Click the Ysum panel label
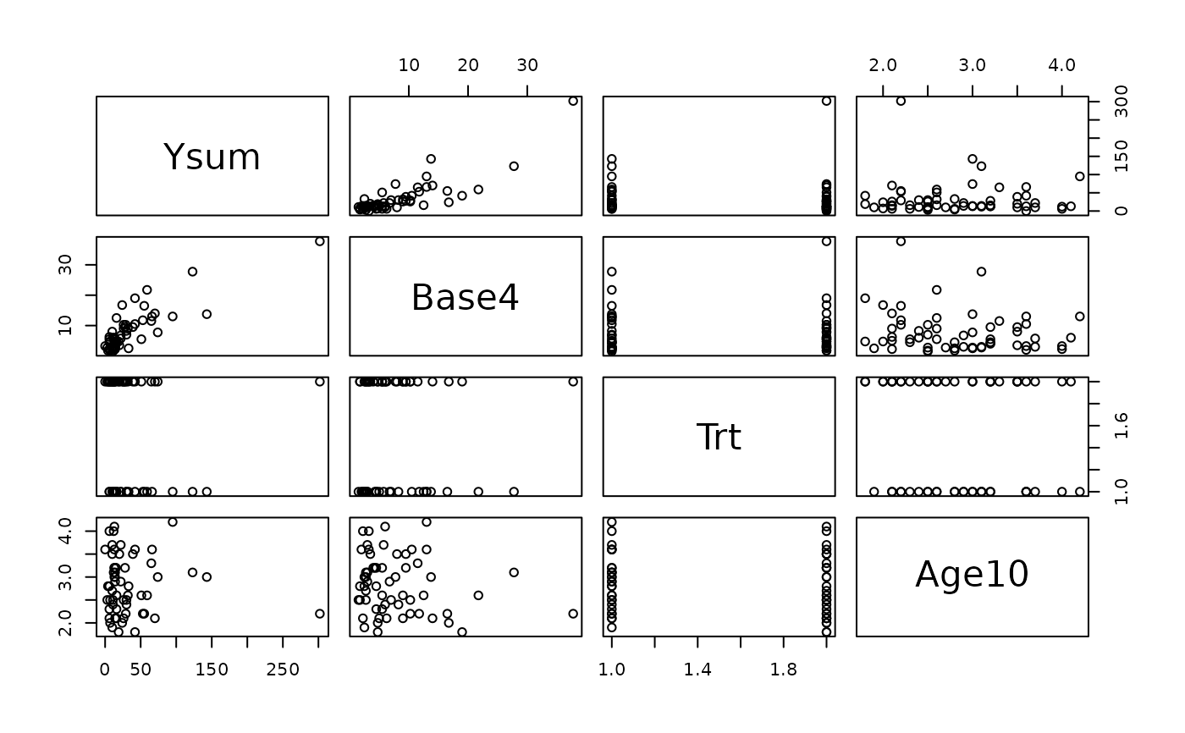(x=212, y=157)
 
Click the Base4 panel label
(x=465, y=297)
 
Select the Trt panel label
(x=719, y=437)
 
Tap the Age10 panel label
(x=972, y=575)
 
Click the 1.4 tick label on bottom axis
(x=697, y=670)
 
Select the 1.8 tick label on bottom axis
(x=784, y=670)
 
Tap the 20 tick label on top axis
(x=468, y=65)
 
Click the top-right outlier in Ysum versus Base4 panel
(x=573, y=101)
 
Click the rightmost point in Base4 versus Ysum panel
(x=320, y=241)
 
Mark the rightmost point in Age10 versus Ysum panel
(x=320, y=614)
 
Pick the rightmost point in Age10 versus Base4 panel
(x=573, y=614)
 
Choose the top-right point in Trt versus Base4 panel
(x=573, y=382)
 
